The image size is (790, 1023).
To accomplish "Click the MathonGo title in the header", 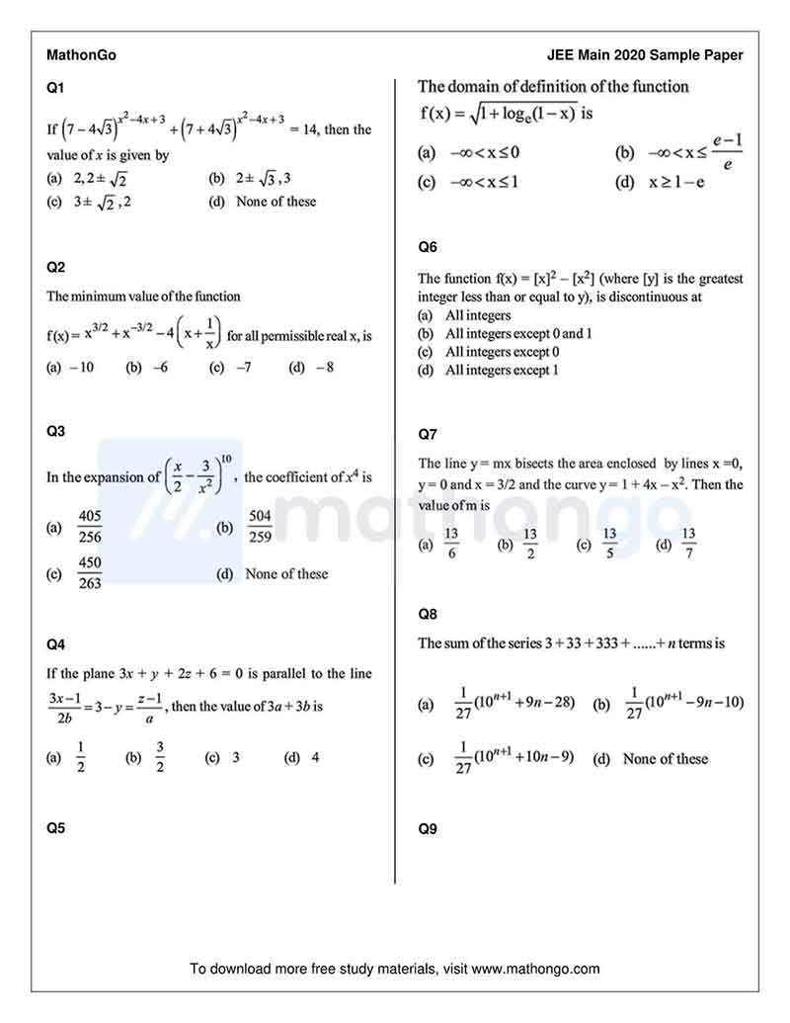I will (81, 55).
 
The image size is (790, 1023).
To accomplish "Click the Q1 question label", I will (55, 89).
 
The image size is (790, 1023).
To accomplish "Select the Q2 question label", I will (55, 267).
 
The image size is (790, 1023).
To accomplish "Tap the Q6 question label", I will (428, 247).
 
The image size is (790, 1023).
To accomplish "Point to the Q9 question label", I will (428, 829).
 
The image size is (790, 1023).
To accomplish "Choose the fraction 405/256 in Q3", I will (90, 527).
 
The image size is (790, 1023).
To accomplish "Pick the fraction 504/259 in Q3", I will (260, 527).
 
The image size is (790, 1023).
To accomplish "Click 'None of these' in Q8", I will (665, 759).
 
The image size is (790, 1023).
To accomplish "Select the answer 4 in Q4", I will (315, 758).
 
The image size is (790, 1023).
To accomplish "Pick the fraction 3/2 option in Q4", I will (160, 758).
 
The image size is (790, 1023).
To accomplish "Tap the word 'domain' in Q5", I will (480, 87).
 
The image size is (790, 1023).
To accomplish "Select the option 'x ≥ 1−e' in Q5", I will (675, 183).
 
